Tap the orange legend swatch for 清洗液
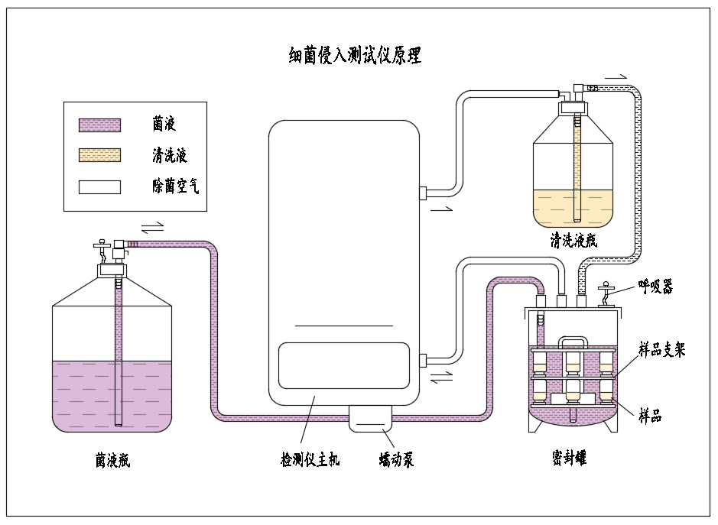pos(99,156)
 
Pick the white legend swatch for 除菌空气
pos(99,186)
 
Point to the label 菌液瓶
pos(112,460)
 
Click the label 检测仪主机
pos(310,460)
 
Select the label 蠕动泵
pos(396,460)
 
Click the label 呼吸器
pos(656,287)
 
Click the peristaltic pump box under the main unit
pos(371,420)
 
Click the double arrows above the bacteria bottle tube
pos(153,227)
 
